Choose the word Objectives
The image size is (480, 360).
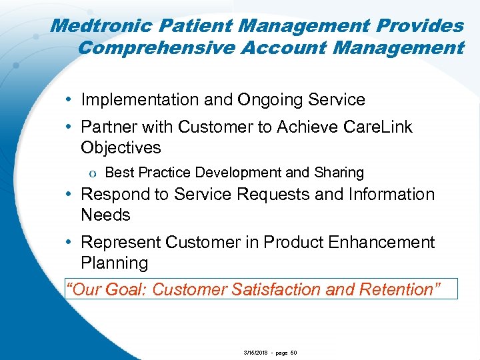click(x=121, y=147)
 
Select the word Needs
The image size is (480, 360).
click(x=105, y=215)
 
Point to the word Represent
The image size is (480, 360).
click(x=121, y=242)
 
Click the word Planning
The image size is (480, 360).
click(x=114, y=263)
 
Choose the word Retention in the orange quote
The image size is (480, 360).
click(x=400, y=289)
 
